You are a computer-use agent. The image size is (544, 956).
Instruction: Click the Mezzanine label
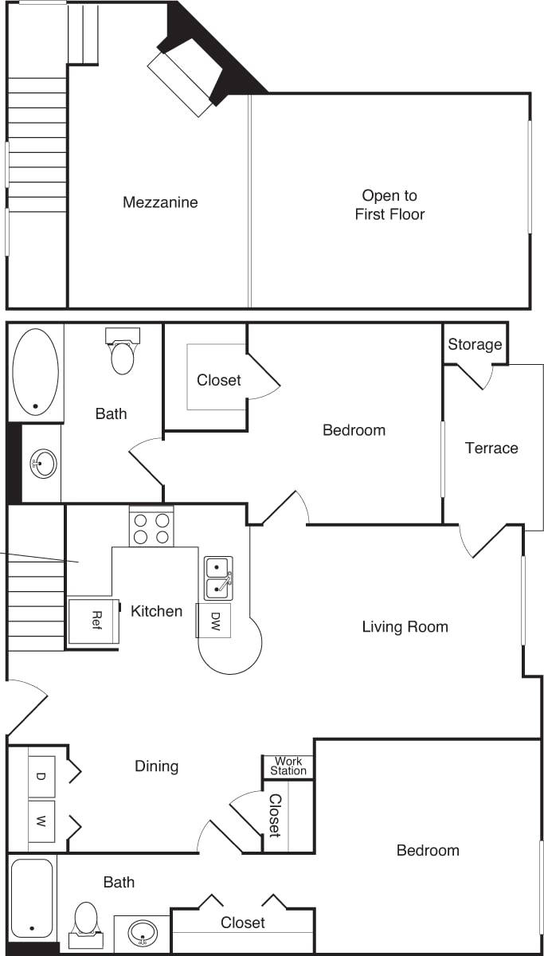(x=160, y=202)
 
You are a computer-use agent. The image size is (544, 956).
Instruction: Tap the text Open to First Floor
(x=389, y=205)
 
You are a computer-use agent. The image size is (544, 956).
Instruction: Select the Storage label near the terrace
(x=475, y=344)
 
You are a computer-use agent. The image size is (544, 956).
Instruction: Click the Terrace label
(x=491, y=448)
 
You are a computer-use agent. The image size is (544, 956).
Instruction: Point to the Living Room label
(x=405, y=627)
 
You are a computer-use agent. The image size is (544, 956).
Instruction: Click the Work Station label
(x=288, y=766)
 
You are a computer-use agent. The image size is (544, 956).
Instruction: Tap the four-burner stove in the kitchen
(x=151, y=527)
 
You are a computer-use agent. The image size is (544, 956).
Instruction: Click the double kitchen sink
(x=217, y=578)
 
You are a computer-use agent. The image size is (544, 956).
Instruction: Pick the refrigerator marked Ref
(x=94, y=621)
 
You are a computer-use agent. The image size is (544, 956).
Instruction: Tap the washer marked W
(x=41, y=821)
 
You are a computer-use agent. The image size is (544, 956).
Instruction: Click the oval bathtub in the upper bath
(x=35, y=371)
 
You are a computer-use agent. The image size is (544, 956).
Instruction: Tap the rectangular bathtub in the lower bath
(x=32, y=898)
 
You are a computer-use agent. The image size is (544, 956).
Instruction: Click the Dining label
(x=156, y=766)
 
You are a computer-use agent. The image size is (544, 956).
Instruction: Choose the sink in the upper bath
(x=43, y=463)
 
